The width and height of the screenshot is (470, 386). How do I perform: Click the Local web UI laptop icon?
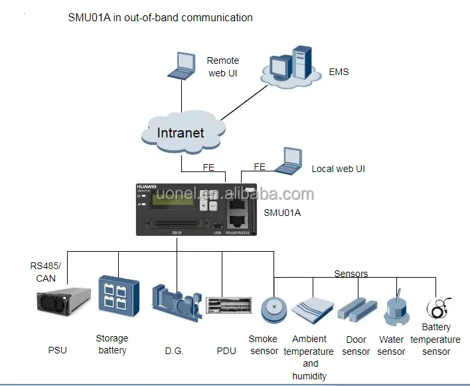[287, 161]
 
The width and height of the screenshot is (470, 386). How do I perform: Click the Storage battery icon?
[119, 296]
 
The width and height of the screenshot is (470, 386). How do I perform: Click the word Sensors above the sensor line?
[351, 273]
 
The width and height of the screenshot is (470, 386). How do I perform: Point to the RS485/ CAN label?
[43, 272]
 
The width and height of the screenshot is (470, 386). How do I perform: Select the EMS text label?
[339, 72]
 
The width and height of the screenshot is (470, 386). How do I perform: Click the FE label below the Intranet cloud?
[208, 167]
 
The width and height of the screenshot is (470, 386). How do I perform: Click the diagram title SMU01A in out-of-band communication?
[160, 17]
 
